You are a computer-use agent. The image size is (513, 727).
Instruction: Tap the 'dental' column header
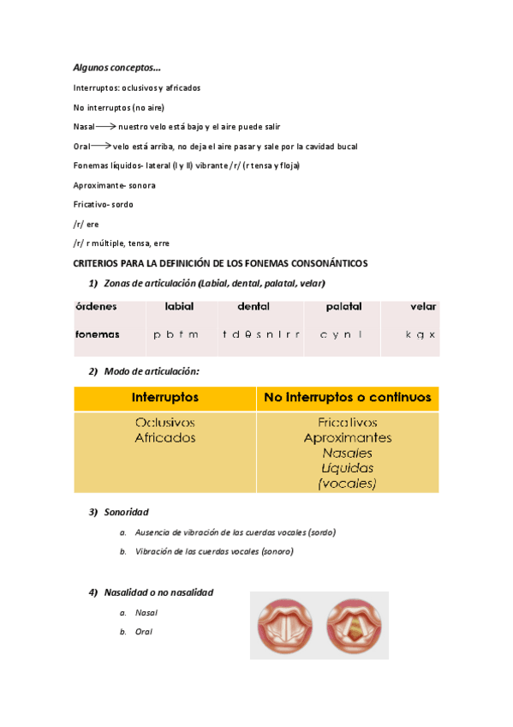pyautogui.click(x=254, y=306)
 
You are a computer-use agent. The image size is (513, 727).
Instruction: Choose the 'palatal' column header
pyautogui.click(x=343, y=306)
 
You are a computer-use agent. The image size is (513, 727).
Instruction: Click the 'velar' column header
pyautogui.click(x=423, y=306)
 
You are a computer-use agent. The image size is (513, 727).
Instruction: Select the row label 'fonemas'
pyautogui.click(x=97, y=334)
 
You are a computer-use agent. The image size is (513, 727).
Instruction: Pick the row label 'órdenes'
pyautogui.click(x=95, y=306)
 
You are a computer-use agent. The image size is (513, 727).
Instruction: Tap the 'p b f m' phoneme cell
pyautogui.click(x=176, y=334)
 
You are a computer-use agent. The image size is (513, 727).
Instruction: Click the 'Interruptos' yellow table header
pyautogui.click(x=165, y=398)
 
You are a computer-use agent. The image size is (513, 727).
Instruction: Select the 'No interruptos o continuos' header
pyautogui.click(x=348, y=398)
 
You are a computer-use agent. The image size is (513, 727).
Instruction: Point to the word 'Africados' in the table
pyautogui.click(x=165, y=438)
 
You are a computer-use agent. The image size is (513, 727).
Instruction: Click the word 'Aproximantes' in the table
pyautogui.click(x=348, y=438)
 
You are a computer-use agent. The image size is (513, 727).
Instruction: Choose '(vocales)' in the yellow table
pyautogui.click(x=348, y=484)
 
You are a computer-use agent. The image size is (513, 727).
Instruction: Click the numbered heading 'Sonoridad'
pyautogui.click(x=126, y=512)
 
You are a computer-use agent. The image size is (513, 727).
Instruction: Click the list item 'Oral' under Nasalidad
pyautogui.click(x=143, y=632)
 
